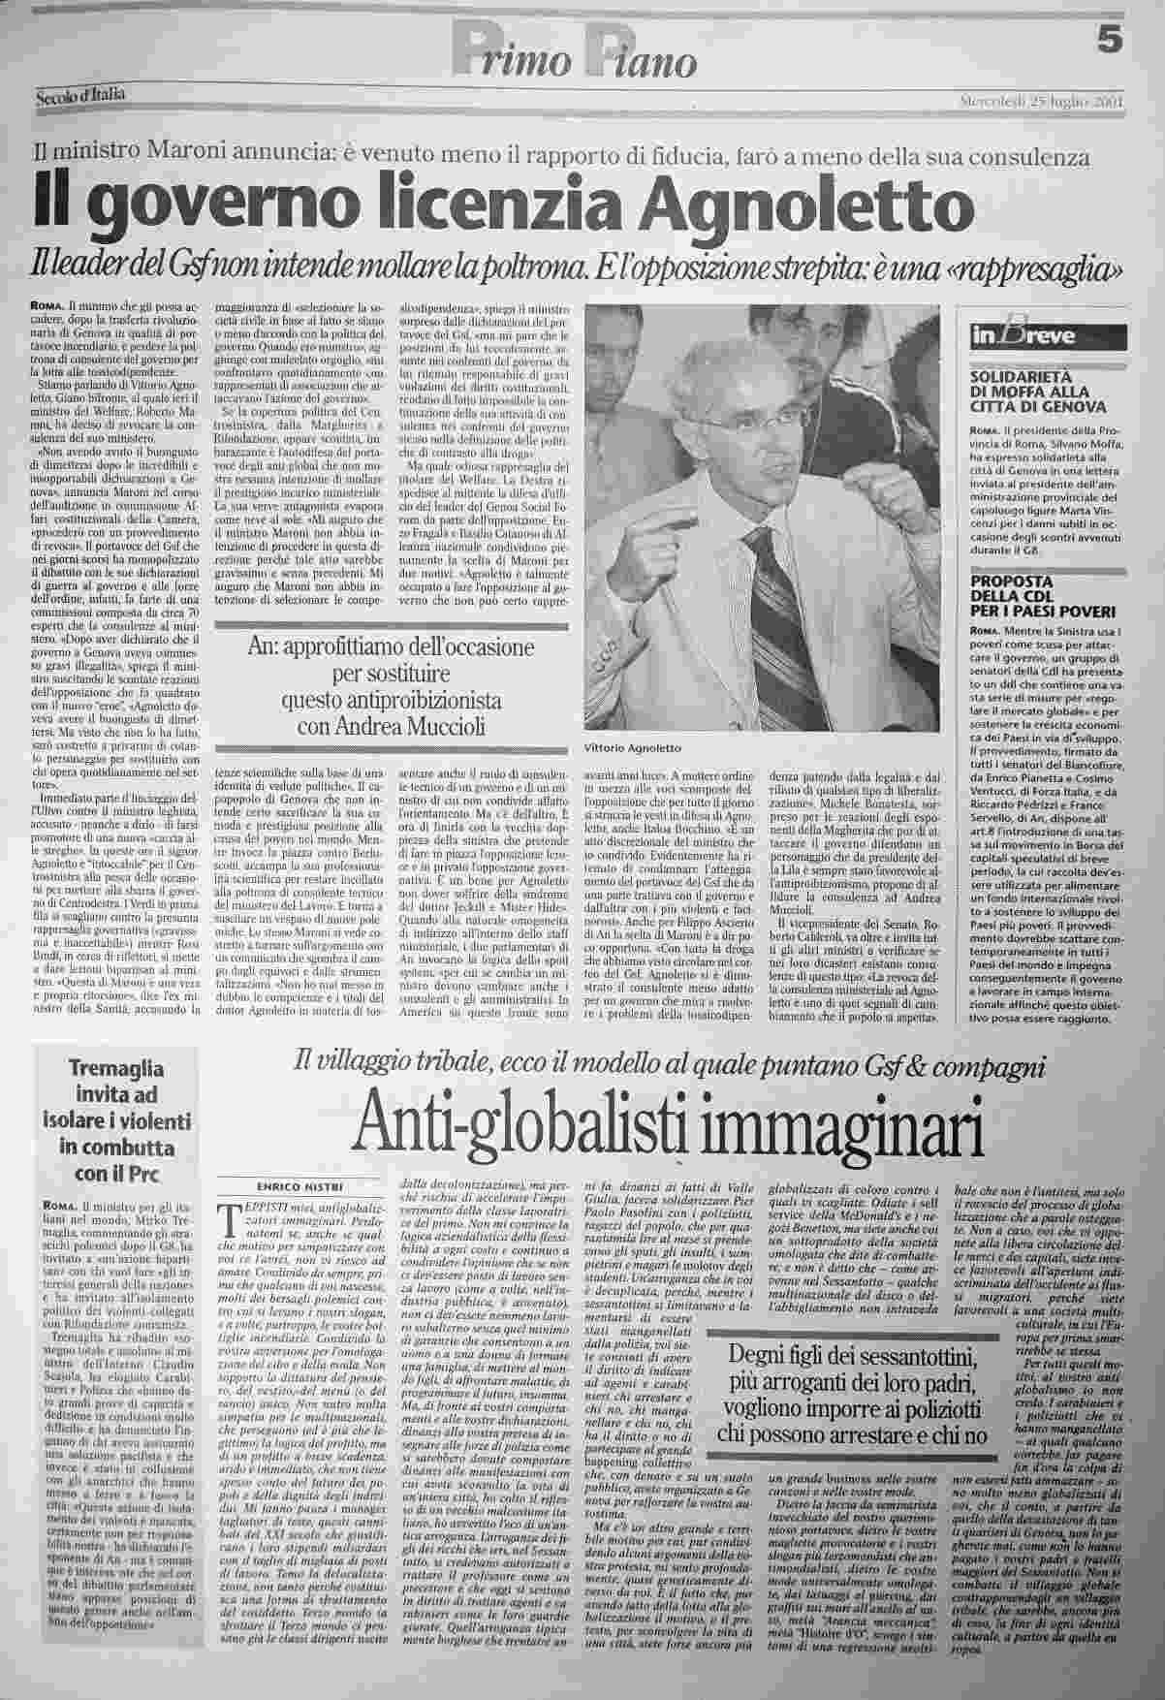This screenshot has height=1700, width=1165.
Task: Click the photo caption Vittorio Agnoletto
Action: click(x=634, y=748)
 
